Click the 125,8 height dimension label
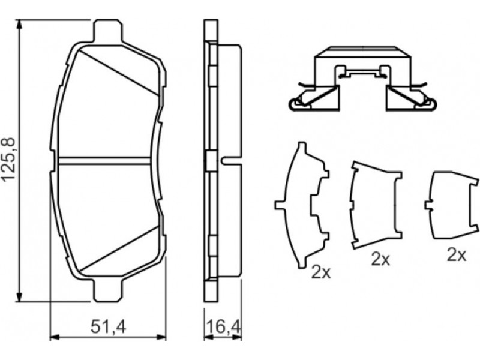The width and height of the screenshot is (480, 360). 8,160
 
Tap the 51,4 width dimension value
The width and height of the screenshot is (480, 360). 108,327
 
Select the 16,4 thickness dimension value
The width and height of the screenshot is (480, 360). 224,327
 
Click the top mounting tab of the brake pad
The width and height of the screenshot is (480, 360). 107,30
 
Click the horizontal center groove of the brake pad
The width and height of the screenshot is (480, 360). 104,161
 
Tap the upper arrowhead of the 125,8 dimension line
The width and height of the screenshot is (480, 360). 20,25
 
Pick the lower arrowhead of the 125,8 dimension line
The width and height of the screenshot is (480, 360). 20,296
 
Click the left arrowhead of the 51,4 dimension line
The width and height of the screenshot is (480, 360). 55,337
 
